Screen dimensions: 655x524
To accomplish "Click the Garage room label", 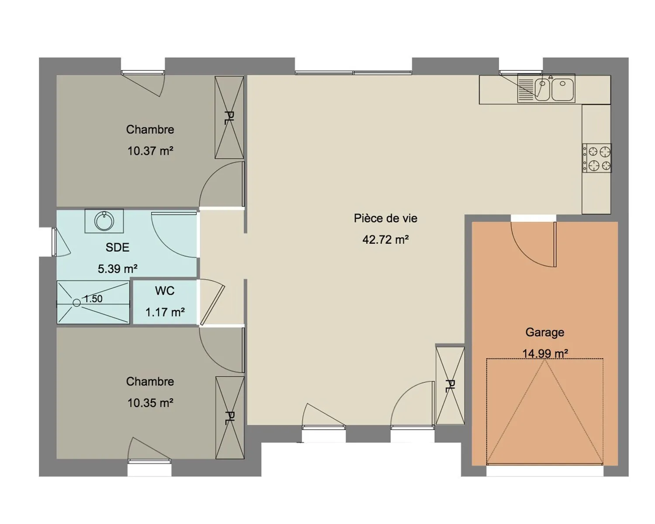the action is [x=545, y=332].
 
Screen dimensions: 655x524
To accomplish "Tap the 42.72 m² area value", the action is [x=385, y=240].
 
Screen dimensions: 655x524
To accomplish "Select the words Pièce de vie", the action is [x=385, y=218].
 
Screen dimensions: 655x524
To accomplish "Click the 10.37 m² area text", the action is [x=150, y=151].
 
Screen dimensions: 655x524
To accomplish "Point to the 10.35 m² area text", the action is [x=150, y=403].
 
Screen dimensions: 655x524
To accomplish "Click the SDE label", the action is [x=117, y=247].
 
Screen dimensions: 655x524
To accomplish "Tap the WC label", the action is [x=165, y=291].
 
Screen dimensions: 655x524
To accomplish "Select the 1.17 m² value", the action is [x=165, y=312].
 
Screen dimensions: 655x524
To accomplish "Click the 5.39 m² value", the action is [x=117, y=269].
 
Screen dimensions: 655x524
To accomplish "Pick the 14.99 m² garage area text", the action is [x=545, y=354].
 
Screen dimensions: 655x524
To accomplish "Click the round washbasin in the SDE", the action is [x=104, y=221].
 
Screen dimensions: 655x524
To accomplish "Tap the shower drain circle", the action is [x=77, y=303].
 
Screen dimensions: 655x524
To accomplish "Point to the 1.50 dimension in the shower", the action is [x=93, y=299].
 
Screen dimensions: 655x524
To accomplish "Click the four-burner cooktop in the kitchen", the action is [x=596, y=158].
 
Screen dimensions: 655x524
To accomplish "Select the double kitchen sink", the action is [x=546, y=89].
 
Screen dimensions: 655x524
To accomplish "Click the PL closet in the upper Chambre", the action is [x=229, y=117].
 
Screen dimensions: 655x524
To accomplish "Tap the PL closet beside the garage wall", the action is [x=450, y=386].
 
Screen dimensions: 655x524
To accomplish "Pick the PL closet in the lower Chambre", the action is [x=230, y=418].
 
